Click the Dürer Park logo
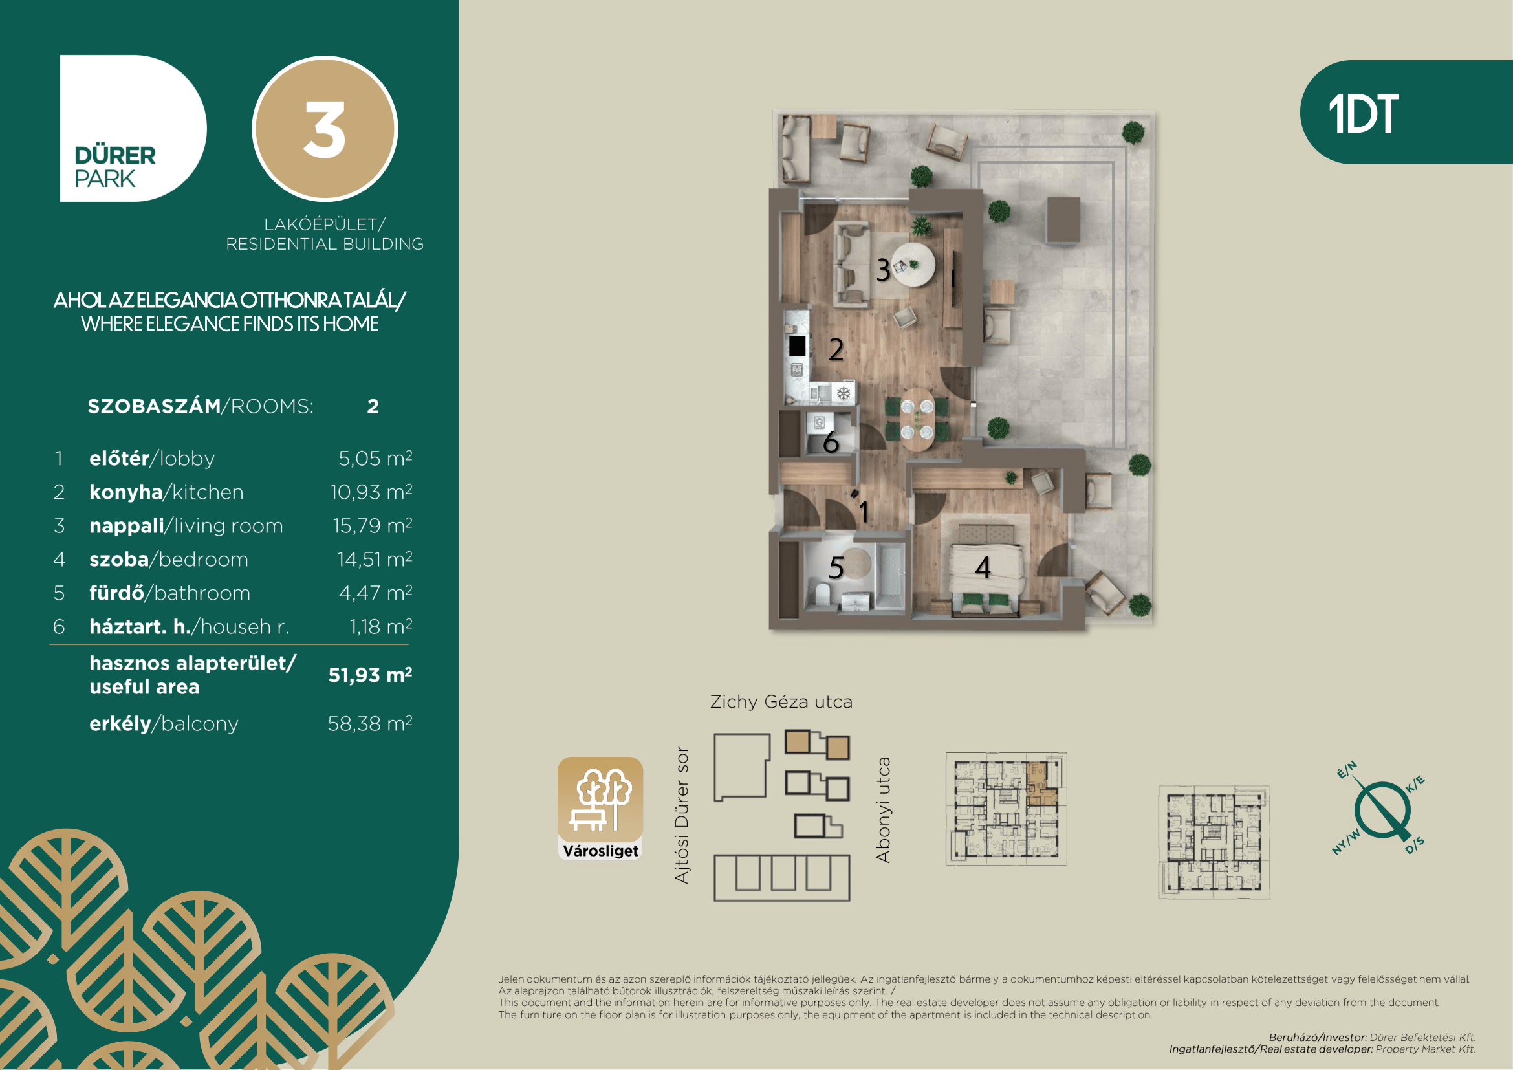pos(133,129)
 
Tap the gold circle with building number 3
pos(325,129)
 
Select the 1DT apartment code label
pos(1364,113)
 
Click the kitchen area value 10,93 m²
pos(371,492)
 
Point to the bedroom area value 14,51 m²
pos(375,559)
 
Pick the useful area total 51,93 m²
pos(371,675)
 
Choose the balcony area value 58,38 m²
pos(370,723)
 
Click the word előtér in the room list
pos(119,458)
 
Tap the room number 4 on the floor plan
pos(983,567)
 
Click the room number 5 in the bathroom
pos(836,567)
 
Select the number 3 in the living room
pos(884,270)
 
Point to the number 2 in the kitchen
pos(836,349)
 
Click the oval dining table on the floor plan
pos(917,419)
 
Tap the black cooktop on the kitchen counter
pos(797,346)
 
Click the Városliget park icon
pos(600,809)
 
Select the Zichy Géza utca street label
pos(781,702)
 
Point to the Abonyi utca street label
pos(883,810)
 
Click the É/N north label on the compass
pos(1347,770)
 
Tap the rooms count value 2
pos(373,406)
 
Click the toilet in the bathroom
pos(822,593)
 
